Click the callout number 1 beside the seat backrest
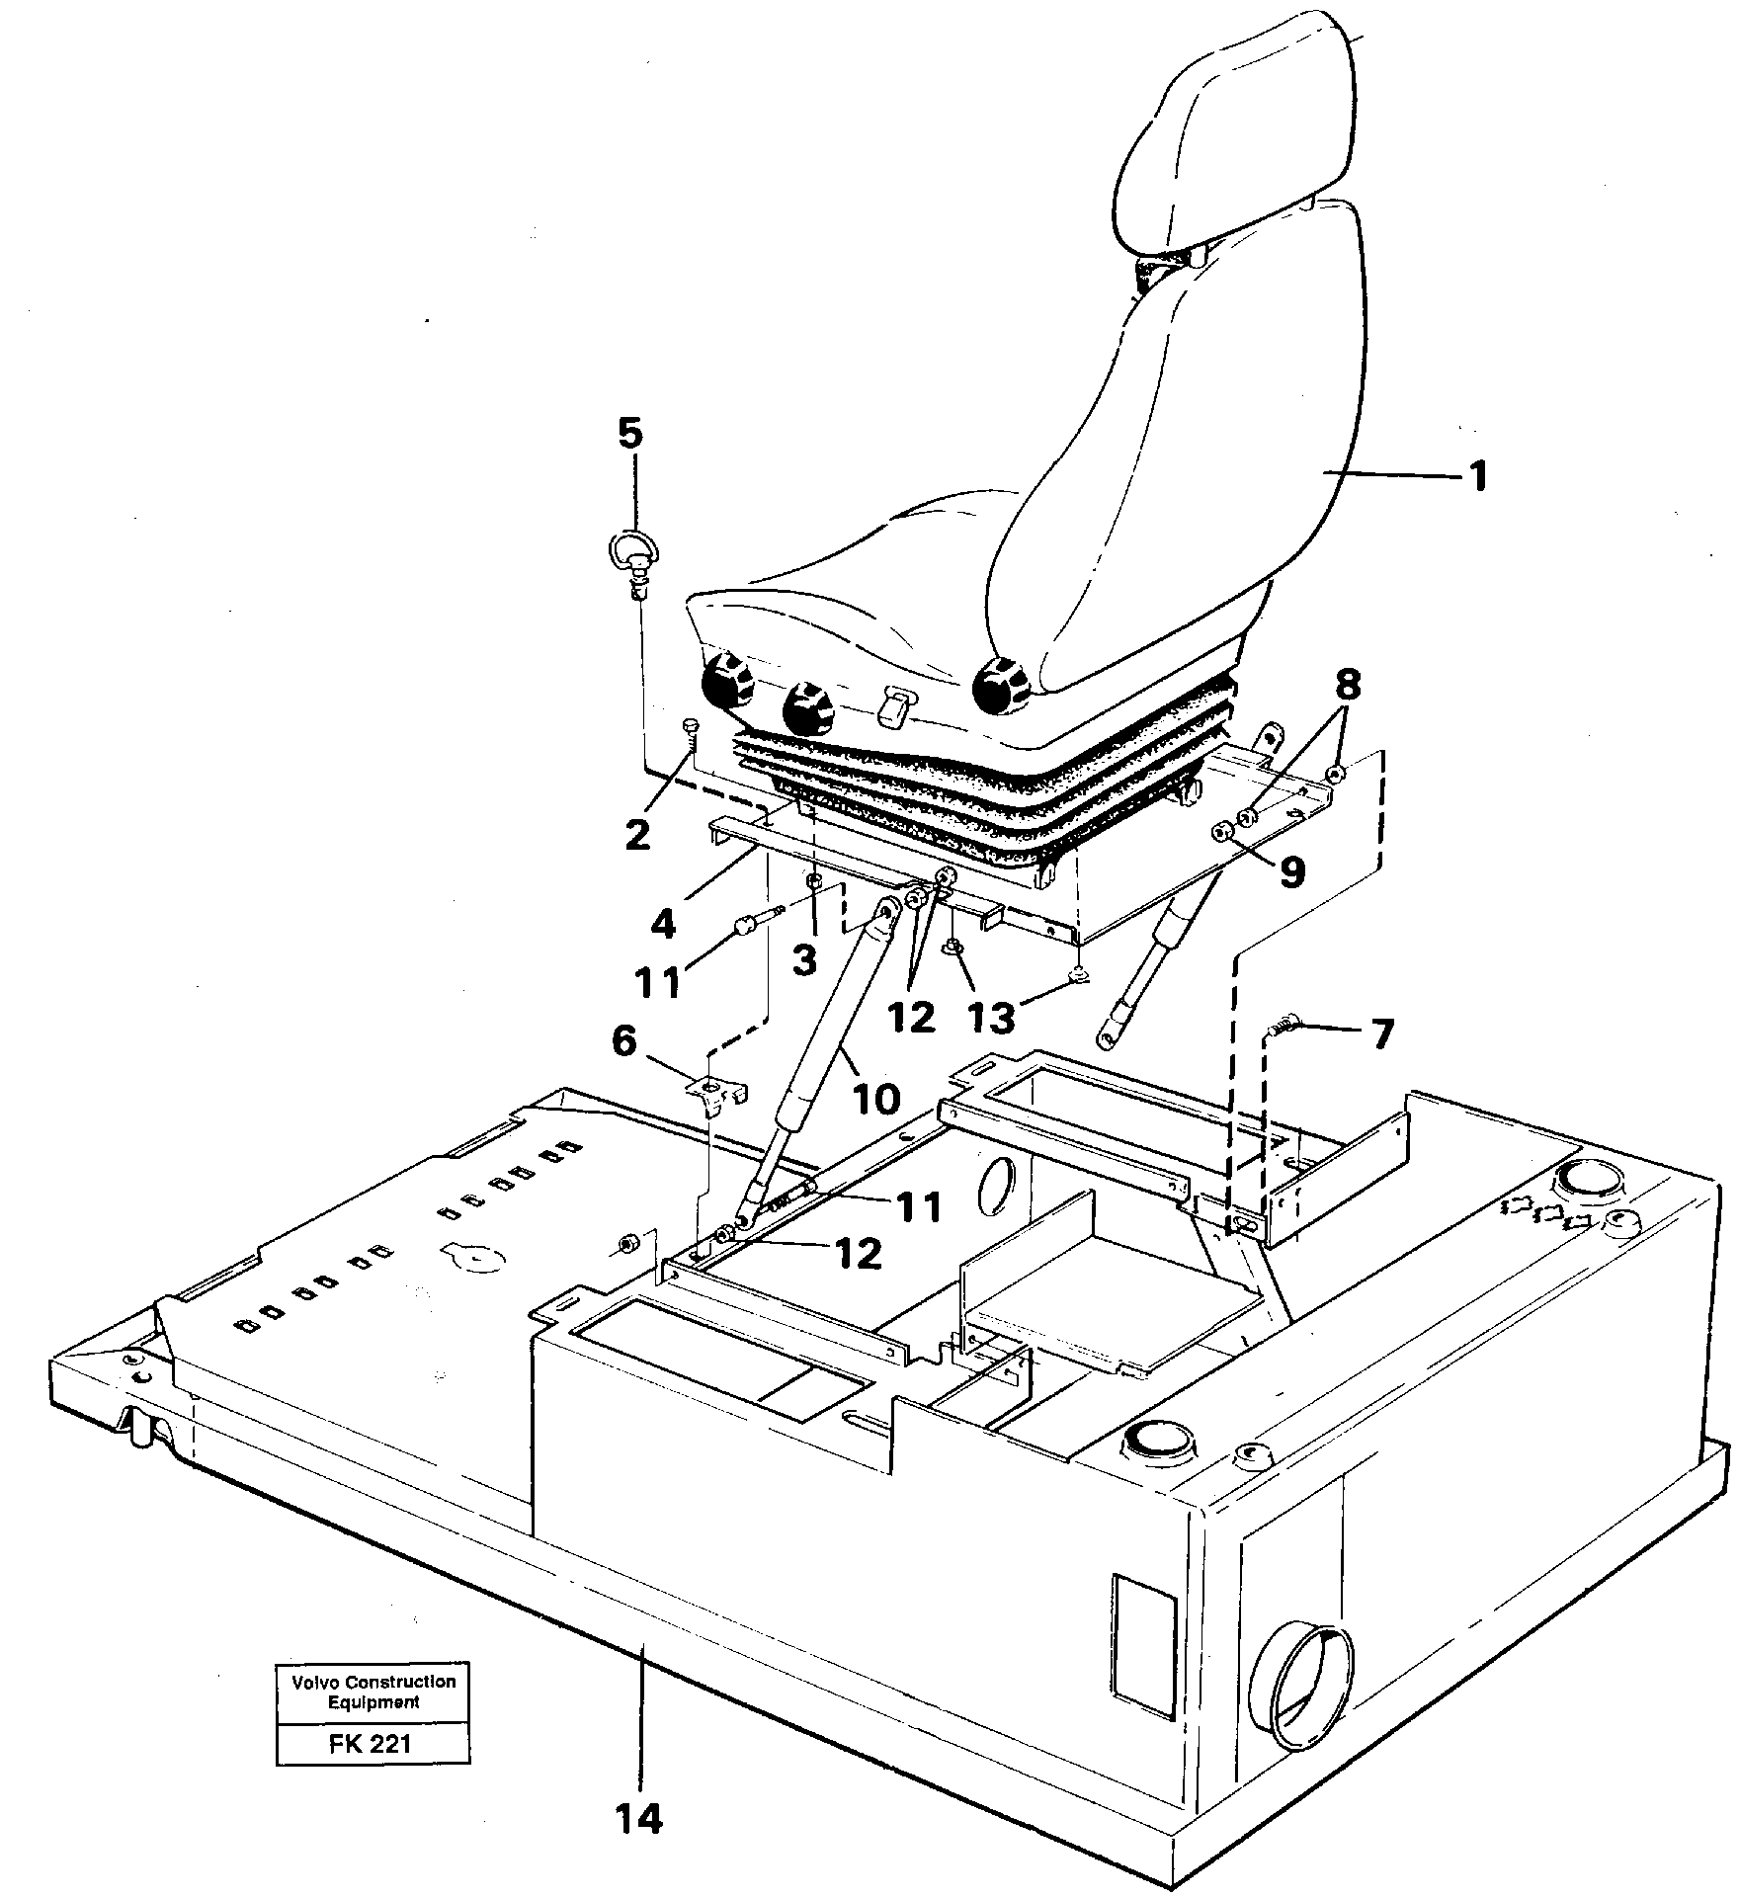(1477, 478)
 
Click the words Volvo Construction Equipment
(373, 1692)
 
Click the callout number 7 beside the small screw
(1381, 1033)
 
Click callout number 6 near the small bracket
(624, 1040)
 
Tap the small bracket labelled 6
(718, 1092)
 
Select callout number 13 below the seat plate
(992, 1017)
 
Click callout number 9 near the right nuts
(1291, 870)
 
